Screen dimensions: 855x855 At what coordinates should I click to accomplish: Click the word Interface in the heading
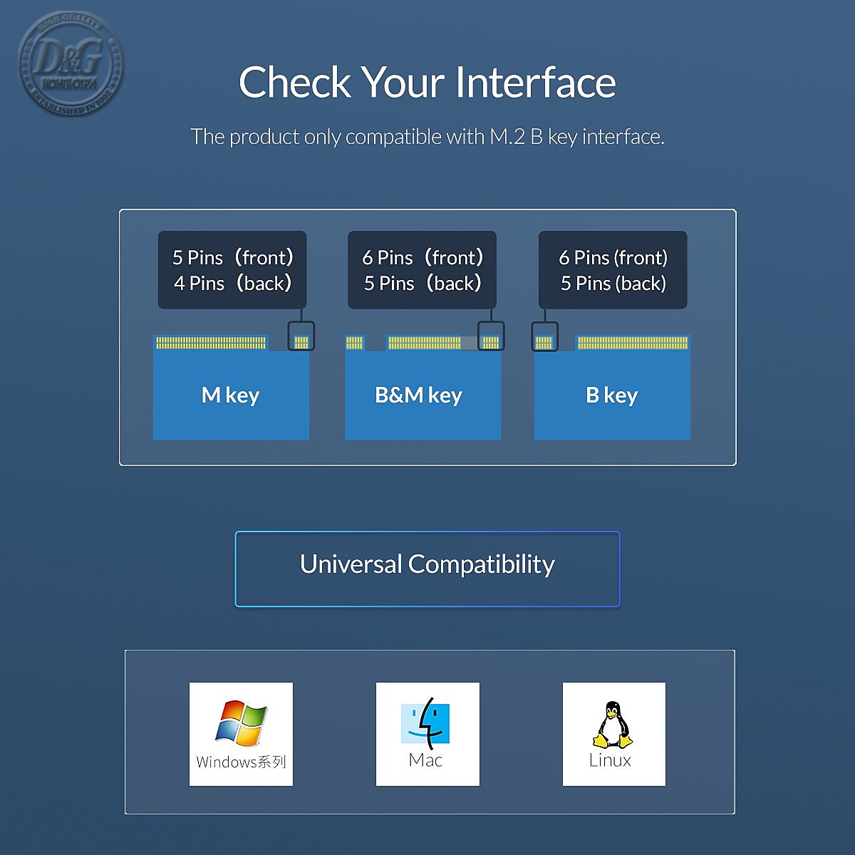535,83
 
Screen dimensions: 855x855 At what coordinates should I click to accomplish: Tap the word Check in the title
295,83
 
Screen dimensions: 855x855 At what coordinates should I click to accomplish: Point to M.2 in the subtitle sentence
507,137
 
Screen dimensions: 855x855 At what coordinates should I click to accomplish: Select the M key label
230,395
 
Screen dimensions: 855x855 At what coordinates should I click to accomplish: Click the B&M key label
419,395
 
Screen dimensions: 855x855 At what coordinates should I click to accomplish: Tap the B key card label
611,395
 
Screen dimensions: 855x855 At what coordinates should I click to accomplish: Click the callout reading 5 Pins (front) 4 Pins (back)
232,270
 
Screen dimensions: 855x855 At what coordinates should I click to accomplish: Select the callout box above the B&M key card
422,270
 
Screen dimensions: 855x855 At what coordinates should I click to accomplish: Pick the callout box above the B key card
613,270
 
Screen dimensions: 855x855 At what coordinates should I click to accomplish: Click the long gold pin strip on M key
210,343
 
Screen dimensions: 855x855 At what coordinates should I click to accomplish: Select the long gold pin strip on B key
633,343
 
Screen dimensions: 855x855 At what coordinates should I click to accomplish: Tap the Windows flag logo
241,723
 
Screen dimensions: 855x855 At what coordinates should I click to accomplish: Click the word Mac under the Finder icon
426,760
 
